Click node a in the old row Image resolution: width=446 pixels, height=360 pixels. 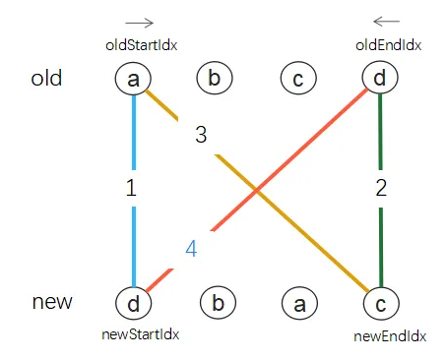[x=132, y=78]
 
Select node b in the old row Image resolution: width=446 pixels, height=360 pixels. [x=215, y=78]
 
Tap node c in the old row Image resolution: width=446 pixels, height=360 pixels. [x=297, y=78]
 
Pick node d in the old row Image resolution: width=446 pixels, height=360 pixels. [x=379, y=78]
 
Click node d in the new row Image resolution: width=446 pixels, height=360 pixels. [x=132, y=304]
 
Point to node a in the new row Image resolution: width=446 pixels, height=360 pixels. [x=297, y=304]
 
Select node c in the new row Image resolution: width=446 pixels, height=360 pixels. [x=379, y=304]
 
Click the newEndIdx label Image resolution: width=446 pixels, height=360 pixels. [x=390, y=336]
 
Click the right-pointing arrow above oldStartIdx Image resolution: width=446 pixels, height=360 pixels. [x=140, y=22]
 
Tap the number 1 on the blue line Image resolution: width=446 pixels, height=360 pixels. [x=131, y=190]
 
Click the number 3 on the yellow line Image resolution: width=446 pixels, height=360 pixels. [x=201, y=136]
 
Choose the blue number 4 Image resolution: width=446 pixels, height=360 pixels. [x=191, y=249]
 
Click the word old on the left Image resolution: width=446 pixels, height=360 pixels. [x=46, y=78]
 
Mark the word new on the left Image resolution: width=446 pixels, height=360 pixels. [x=51, y=301]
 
